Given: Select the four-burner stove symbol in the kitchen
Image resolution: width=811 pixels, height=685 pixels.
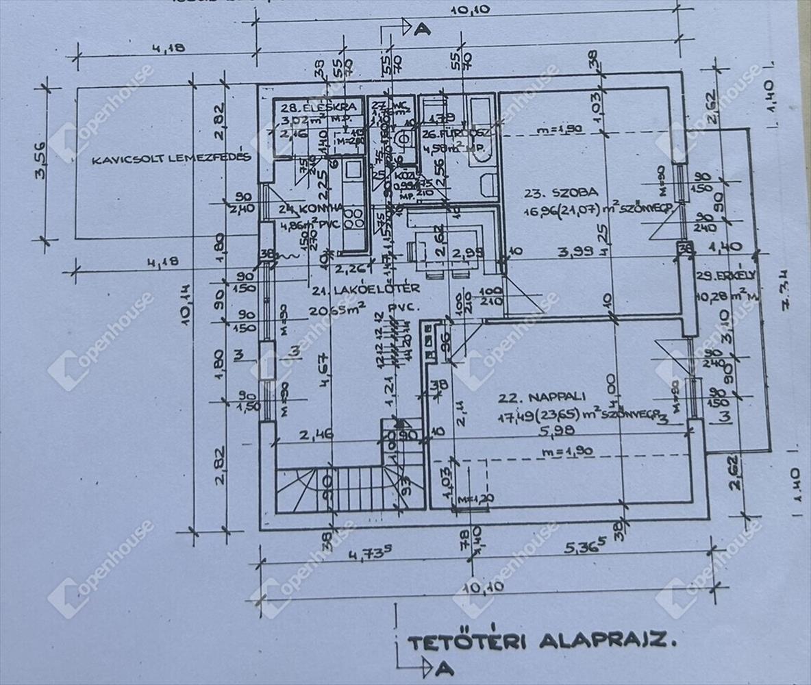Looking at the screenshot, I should coord(353,219).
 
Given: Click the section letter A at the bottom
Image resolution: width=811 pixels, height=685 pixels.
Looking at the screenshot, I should coord(445,666).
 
